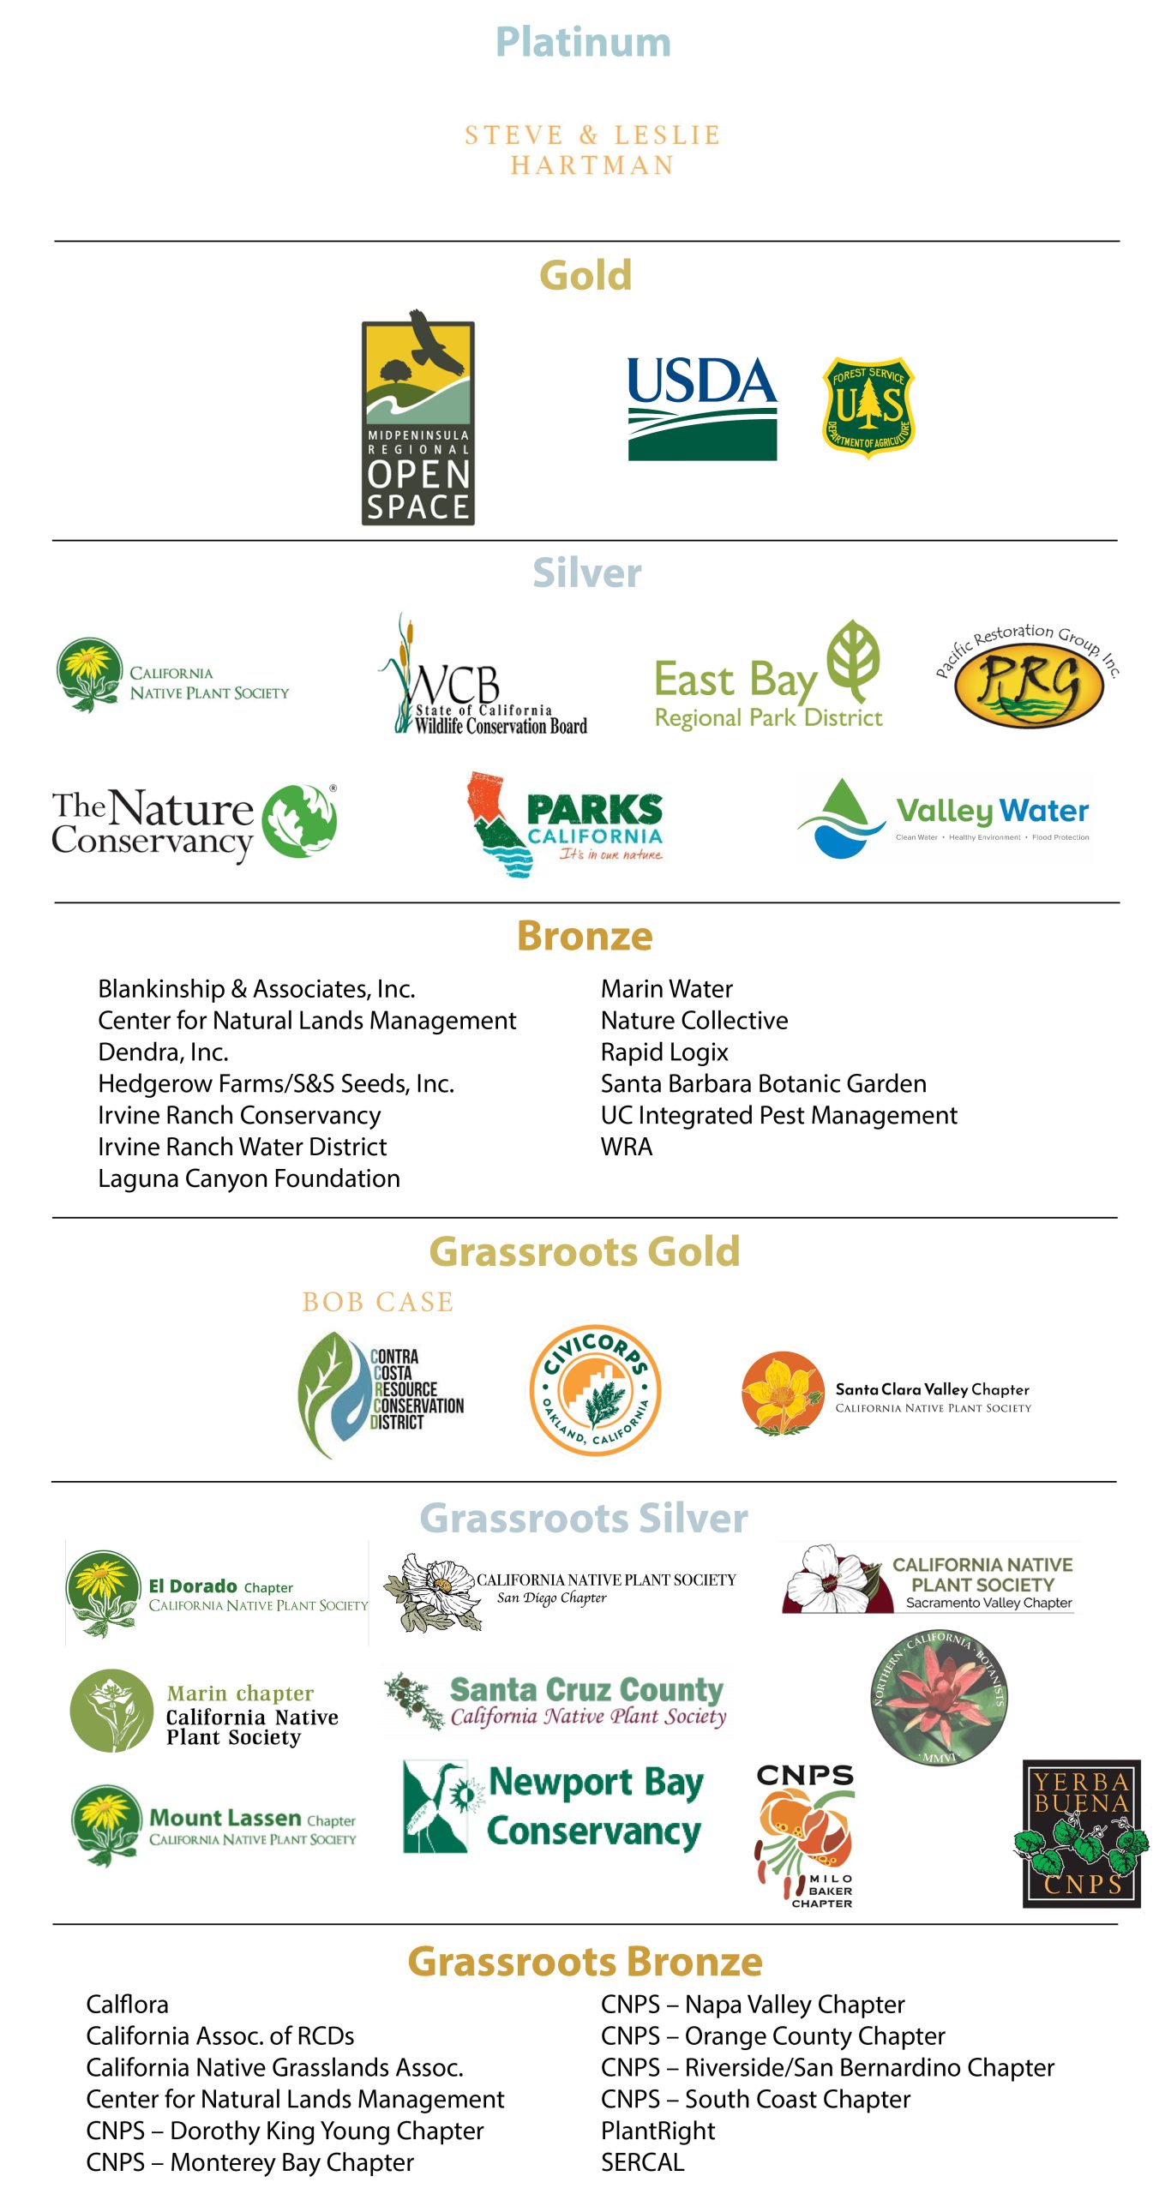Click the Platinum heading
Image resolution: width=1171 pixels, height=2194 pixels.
[x=583, y=42]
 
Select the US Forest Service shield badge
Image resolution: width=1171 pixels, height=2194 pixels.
[x=868, y=407]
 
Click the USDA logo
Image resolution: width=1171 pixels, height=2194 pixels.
[x=702, y=408]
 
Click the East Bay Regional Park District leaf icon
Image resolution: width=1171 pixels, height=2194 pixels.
[x=854, y=660]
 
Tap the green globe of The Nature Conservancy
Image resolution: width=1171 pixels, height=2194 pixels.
[x=299, y=820]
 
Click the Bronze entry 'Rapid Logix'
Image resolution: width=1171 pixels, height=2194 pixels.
[x=664, y=1052]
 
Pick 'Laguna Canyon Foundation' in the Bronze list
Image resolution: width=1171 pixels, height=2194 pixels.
[x=249, y=1178]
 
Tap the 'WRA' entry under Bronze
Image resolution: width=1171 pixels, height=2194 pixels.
[x=627, y=1147]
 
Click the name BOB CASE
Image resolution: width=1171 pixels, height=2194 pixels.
[x=377, y=1302]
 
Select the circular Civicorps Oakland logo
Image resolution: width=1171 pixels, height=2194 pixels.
[x=595, y=1389]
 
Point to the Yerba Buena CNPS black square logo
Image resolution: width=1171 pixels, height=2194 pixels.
[x=1081, y=1833]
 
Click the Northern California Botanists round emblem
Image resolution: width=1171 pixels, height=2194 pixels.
[x=939, y=1697]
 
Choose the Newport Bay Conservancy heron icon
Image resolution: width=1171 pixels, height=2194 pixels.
[x=435, y=1807]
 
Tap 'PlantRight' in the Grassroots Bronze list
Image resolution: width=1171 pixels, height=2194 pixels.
[x=658, y=2131]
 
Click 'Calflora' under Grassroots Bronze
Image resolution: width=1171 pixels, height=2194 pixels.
[x=127, y=2005]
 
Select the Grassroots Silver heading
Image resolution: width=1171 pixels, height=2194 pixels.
[x=584, y=1518]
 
